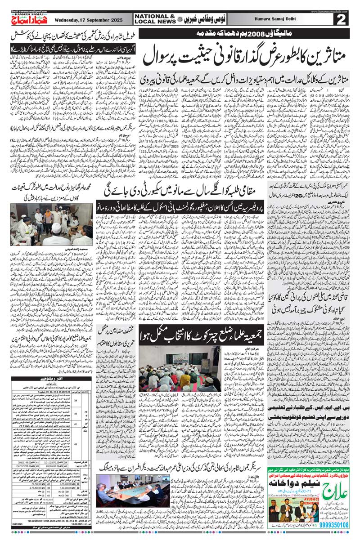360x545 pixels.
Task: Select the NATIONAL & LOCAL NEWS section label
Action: tap(153, 18)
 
